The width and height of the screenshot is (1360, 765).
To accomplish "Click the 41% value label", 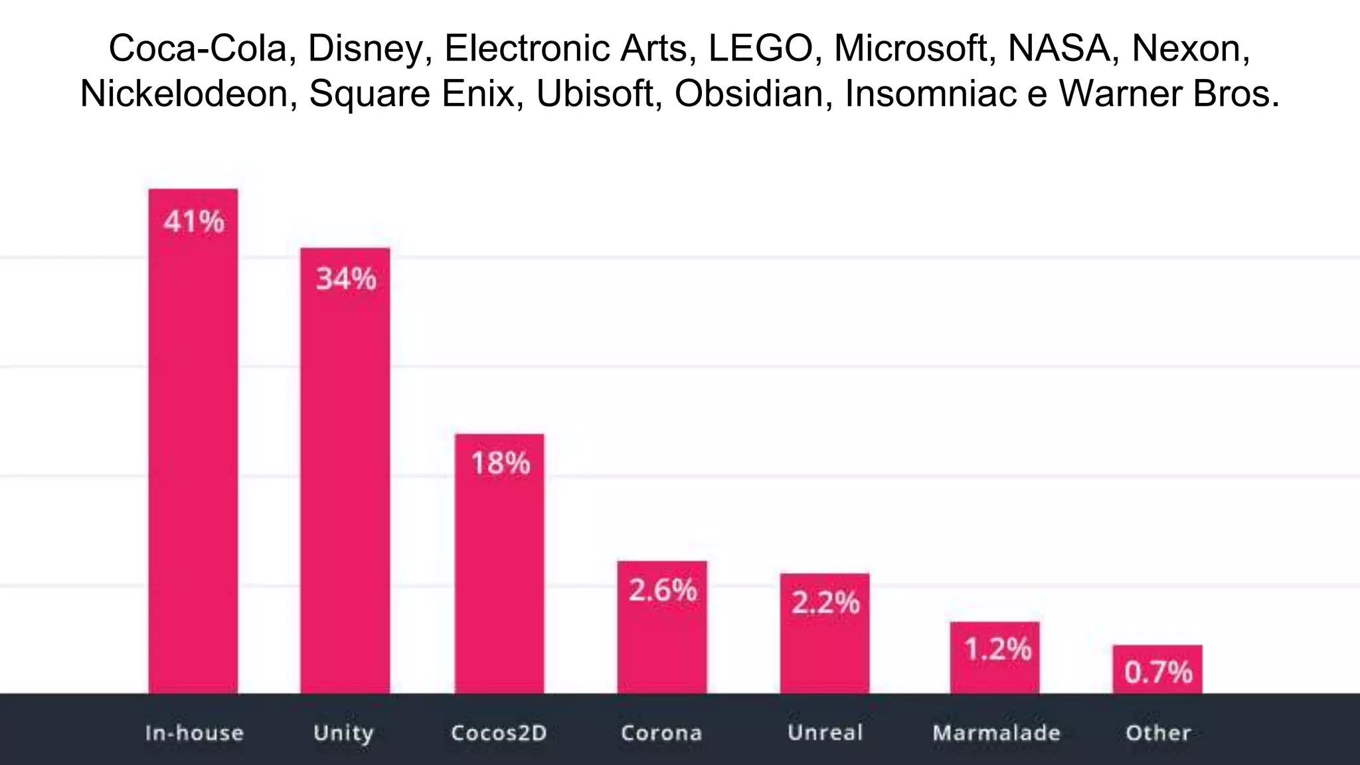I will coord(194,221).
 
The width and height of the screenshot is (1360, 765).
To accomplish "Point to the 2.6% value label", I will coord(663,590).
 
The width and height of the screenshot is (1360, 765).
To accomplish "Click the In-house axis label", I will coord(194,732).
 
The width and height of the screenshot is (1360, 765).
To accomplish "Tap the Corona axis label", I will coord(661,732).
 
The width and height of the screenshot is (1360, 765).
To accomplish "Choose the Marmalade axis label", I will coord(996,732).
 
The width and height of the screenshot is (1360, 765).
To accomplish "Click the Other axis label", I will coord(1158,732).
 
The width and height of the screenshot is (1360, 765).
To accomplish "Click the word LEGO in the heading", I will coord(760,48).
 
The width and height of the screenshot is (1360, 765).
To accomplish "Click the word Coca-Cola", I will coord(197,48).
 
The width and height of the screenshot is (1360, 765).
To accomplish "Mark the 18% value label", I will coord(500,463).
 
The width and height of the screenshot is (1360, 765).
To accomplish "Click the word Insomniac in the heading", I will coord(930,94).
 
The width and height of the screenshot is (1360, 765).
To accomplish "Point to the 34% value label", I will coord(345,279).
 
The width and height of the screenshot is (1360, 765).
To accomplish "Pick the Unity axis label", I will coord(343,732).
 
